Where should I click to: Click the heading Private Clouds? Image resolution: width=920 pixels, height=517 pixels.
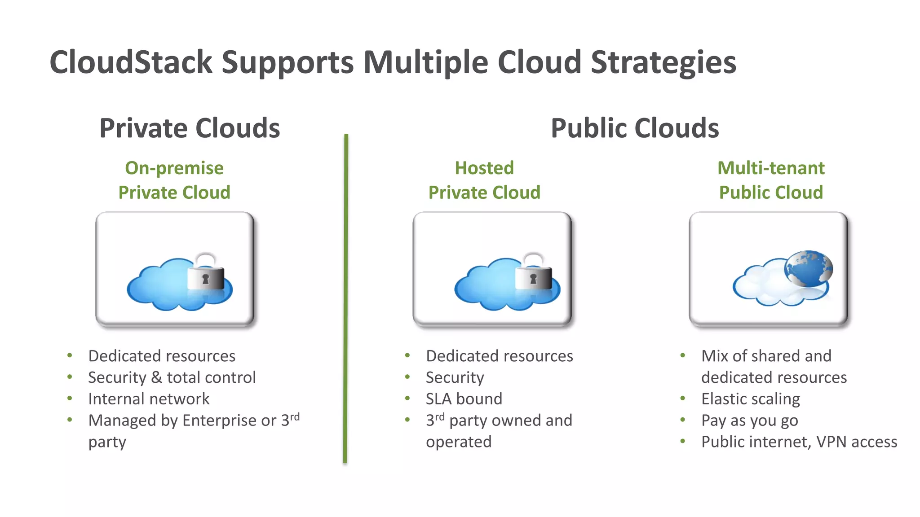(x=190, y=128)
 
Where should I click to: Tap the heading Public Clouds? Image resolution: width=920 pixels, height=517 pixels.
(x=634, y=128)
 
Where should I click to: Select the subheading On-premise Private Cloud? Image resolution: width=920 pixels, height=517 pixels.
(x=174, y=180)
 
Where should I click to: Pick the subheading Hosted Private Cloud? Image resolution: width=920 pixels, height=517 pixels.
(x=484, y=180)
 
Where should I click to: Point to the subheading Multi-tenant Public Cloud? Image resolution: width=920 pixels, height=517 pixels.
(x=771, y=180)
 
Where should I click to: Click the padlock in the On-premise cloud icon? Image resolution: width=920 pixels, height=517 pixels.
(x=206, y=275)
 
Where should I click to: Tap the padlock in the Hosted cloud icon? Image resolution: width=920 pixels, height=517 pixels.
(x=533, y=275)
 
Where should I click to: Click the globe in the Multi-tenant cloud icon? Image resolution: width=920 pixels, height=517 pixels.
(x=809, y=268)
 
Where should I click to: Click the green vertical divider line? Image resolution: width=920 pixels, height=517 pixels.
(x=345, y=298)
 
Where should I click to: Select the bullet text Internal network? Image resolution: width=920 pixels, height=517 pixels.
(x=149, y=399)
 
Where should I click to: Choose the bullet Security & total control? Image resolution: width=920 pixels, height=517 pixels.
(x=172, y=377)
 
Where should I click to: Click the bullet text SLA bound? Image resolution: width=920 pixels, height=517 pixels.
(x=464, y=399)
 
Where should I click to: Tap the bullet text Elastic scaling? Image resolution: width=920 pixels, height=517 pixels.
(x=751, y=399)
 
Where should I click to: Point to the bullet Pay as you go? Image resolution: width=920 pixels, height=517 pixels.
(x=749, y=421)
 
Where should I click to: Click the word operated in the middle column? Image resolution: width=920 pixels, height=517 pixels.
(x=459, y=442)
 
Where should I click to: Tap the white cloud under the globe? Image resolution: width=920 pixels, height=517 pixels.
(x=764, y=287)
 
